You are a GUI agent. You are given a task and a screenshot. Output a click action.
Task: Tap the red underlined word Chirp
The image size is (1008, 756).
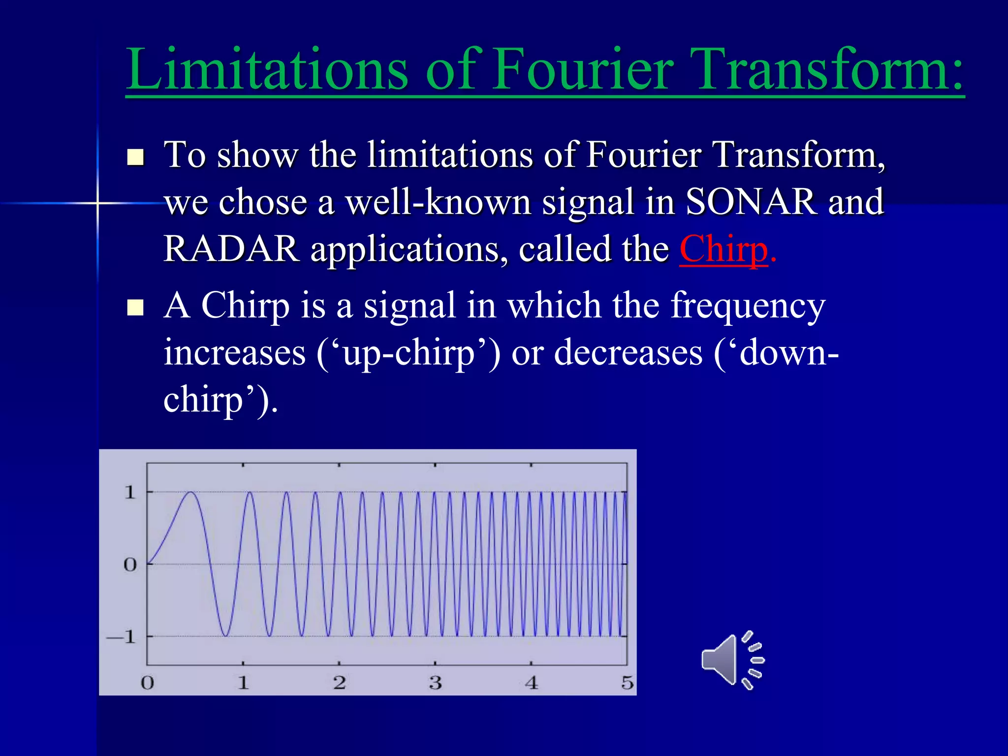pos(723,249)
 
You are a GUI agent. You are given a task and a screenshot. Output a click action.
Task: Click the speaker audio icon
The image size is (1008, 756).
pos(732,660)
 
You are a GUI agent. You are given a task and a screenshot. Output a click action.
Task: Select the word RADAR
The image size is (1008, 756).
pos(231,249)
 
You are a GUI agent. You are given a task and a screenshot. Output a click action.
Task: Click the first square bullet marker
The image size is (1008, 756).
pos(135,157)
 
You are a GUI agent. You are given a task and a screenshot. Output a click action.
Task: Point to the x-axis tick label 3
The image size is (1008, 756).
pos(435,683)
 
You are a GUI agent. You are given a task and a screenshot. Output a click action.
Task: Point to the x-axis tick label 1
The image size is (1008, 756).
pos(243,683)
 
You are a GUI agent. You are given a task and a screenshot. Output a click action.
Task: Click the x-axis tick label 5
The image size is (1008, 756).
pos(627,683)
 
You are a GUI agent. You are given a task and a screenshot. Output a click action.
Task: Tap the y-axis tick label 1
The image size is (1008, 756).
pos(129,492)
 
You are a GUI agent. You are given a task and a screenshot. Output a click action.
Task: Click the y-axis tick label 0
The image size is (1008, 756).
pos(129,565)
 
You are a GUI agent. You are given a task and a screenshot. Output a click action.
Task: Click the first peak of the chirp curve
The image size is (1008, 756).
pos(191,492)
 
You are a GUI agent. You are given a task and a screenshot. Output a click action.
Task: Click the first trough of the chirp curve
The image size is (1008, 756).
pos(226,635)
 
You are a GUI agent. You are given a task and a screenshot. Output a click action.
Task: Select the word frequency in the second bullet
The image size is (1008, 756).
pos(748,306)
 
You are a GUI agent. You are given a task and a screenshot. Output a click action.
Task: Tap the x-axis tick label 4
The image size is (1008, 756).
pos(531,683)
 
